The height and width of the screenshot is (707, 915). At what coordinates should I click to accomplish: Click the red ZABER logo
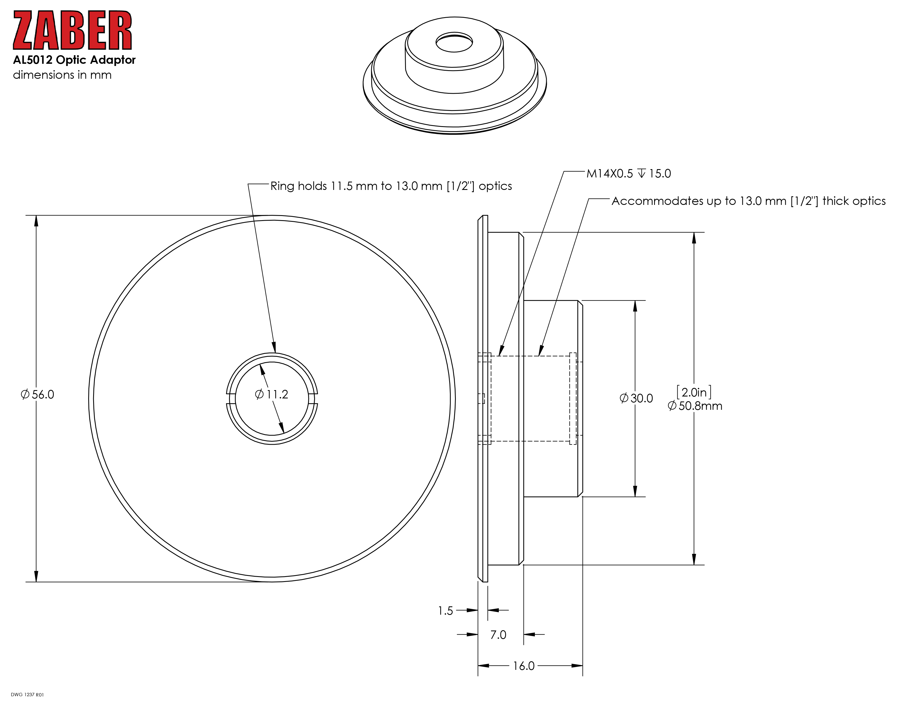(72, 30)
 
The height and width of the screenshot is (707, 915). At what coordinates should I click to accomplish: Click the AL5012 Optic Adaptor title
(74, 60)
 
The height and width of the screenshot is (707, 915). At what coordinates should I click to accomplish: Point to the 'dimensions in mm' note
(62, 75)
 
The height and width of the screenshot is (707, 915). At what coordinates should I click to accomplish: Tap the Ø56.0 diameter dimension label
(37, 395)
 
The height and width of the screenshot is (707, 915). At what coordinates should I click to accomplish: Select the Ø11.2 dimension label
(271, 395)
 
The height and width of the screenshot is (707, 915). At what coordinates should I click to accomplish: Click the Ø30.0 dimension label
(636, 398)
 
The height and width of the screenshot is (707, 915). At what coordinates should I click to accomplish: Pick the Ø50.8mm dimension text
(695, 406)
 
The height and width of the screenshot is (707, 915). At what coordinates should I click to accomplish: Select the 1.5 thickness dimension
(445, 611)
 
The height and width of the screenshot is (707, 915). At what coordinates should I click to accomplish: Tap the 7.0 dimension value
(498, 635)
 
